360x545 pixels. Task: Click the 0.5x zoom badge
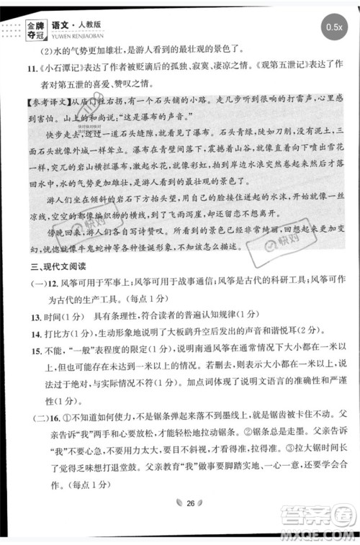(x=334, y=27)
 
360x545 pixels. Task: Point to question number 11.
(x=14, y=70)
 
